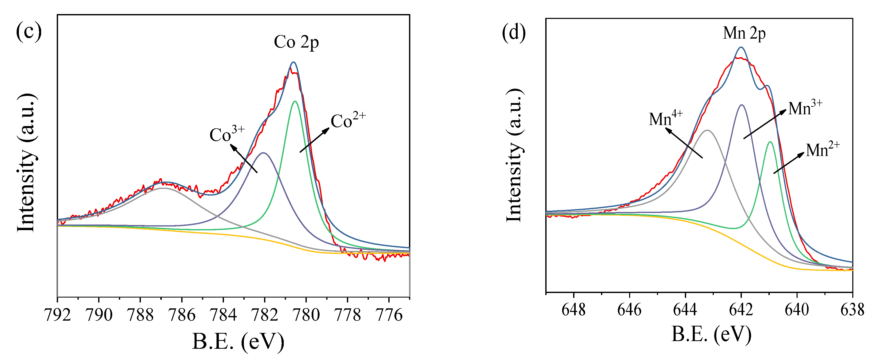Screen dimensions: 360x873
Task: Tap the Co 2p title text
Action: pos(296,42)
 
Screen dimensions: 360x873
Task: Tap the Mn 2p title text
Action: pos(744,33)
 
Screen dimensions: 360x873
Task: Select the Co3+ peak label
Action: pos(227,134)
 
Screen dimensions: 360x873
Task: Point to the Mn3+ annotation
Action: pos(805,108)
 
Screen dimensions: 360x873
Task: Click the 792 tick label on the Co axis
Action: pos(58,315)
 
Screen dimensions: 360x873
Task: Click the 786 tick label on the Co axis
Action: pos(182,315)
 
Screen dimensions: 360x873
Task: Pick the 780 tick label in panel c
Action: pos(306,315)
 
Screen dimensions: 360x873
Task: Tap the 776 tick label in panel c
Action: pos(389,315)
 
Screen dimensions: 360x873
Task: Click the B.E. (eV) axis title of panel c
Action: pos(238,341)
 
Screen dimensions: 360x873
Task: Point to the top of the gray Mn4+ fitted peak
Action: pos(707,130)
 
